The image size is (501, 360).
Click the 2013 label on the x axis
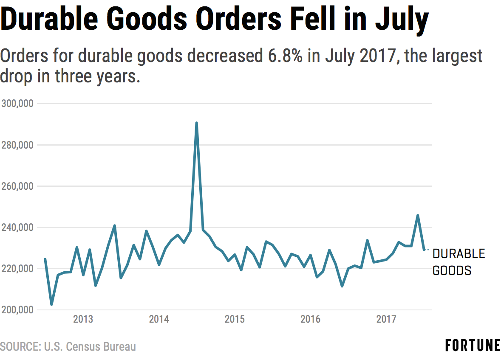click(x=83, y=319)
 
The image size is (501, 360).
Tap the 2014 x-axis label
click(x=159, y=319)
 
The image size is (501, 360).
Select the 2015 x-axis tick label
click(x=235, y=319)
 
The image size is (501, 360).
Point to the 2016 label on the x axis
click(x=310, y=319)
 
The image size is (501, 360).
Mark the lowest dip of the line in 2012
click(x=51, y=304)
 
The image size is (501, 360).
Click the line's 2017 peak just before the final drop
click(x=418, y=215)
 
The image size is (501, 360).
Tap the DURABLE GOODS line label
click(x=458, y=262)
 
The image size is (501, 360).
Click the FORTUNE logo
click(x=473, y=346)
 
